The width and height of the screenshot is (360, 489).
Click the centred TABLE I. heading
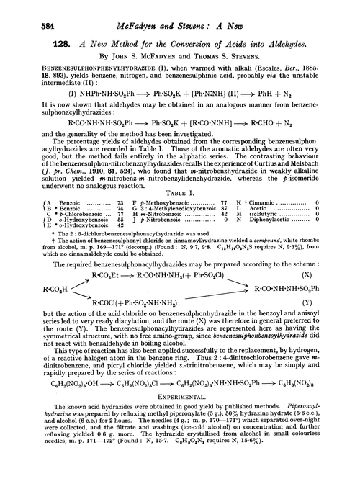pyautogui.click(x=179, y=173)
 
